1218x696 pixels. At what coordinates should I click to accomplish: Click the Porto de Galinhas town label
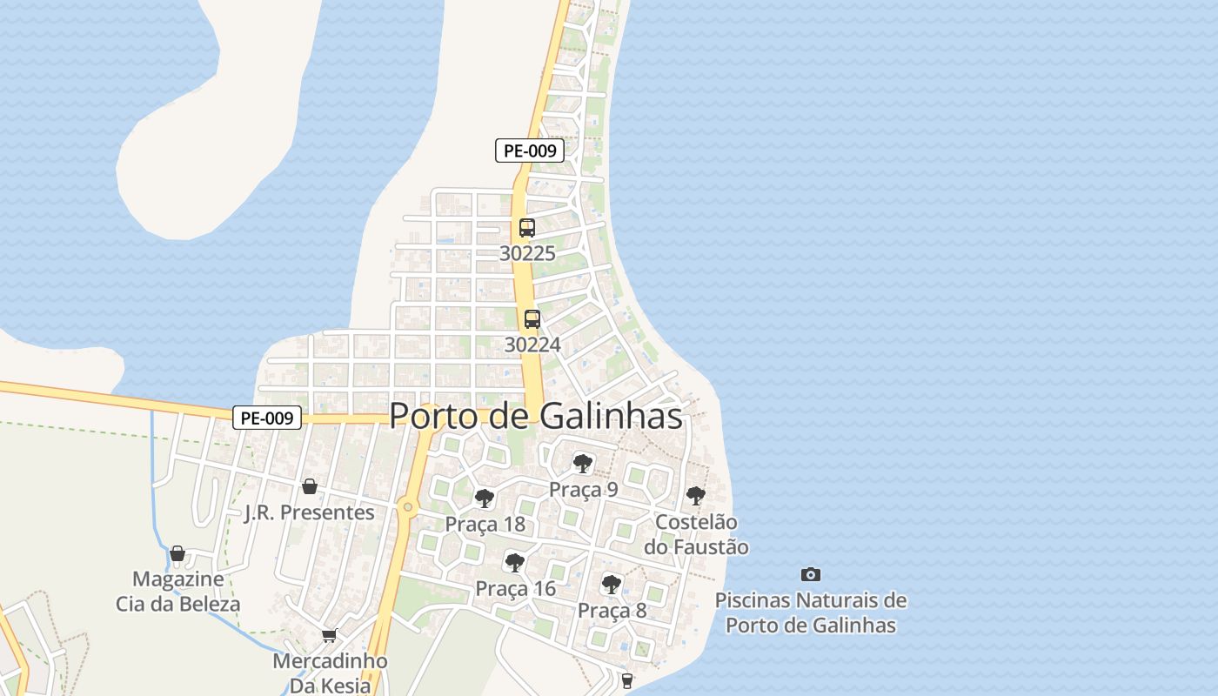click(x=535, y=416)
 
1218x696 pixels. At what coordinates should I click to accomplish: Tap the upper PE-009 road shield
click(x=530, y=151)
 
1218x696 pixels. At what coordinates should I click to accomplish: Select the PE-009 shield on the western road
click(x=267, y=418)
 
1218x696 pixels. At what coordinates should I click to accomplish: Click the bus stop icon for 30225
click(x=526, y=228)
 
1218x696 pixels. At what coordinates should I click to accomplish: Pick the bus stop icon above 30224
click(x=532, y=319)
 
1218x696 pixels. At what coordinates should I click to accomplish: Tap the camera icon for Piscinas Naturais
click(x=810, y=574)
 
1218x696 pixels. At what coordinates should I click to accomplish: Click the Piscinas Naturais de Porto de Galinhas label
click(x=811, y=612)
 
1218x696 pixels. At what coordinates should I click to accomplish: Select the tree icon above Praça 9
click(x=582, y=464)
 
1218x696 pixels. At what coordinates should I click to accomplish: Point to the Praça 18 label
click(x=485, y=524)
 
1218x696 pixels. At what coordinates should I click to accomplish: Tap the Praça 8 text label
click(x=612, y=610)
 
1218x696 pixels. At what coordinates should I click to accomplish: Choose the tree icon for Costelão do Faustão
click(x=695, y=496)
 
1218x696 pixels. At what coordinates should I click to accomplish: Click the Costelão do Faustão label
click(x=696, y=534)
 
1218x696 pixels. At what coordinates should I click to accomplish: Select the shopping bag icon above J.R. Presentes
click(x=309, y=486)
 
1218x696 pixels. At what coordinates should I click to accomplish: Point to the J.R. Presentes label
click(x=310, y=512)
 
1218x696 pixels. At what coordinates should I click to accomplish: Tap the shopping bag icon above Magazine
click(x=177, y=553)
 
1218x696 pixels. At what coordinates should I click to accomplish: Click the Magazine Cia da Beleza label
click(x=178, y=591)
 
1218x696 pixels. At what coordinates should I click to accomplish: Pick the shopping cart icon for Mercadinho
click(x=329, y=636)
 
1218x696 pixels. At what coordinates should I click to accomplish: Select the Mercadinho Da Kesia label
click(x=330, y=673)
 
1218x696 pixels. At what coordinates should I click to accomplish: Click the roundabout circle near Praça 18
click(x=407, y=507)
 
